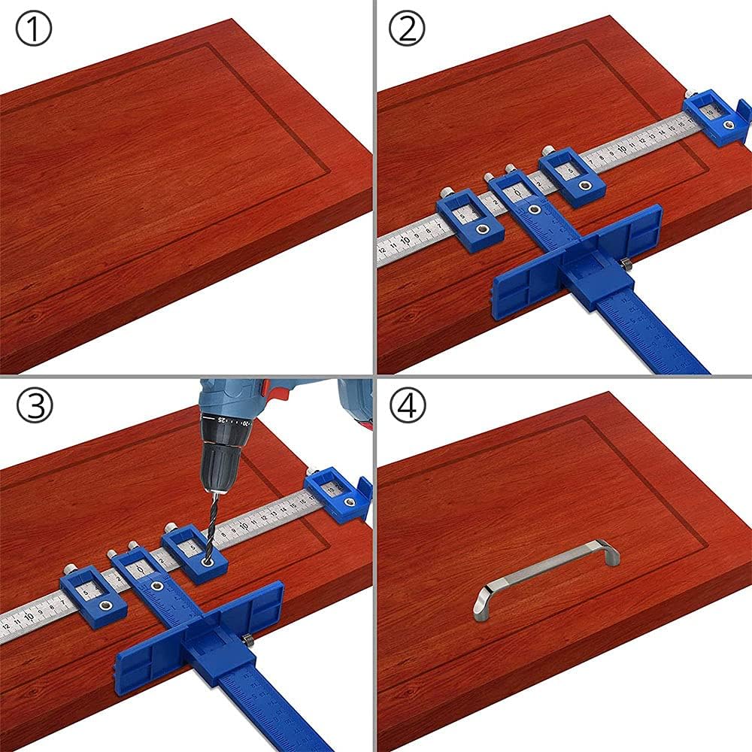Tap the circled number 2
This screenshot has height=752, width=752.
pos(407,31)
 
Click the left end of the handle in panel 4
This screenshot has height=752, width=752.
pos(480,605)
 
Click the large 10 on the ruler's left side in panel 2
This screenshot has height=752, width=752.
pos(406,241)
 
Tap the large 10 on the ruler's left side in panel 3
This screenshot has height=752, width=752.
pos(29,617)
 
